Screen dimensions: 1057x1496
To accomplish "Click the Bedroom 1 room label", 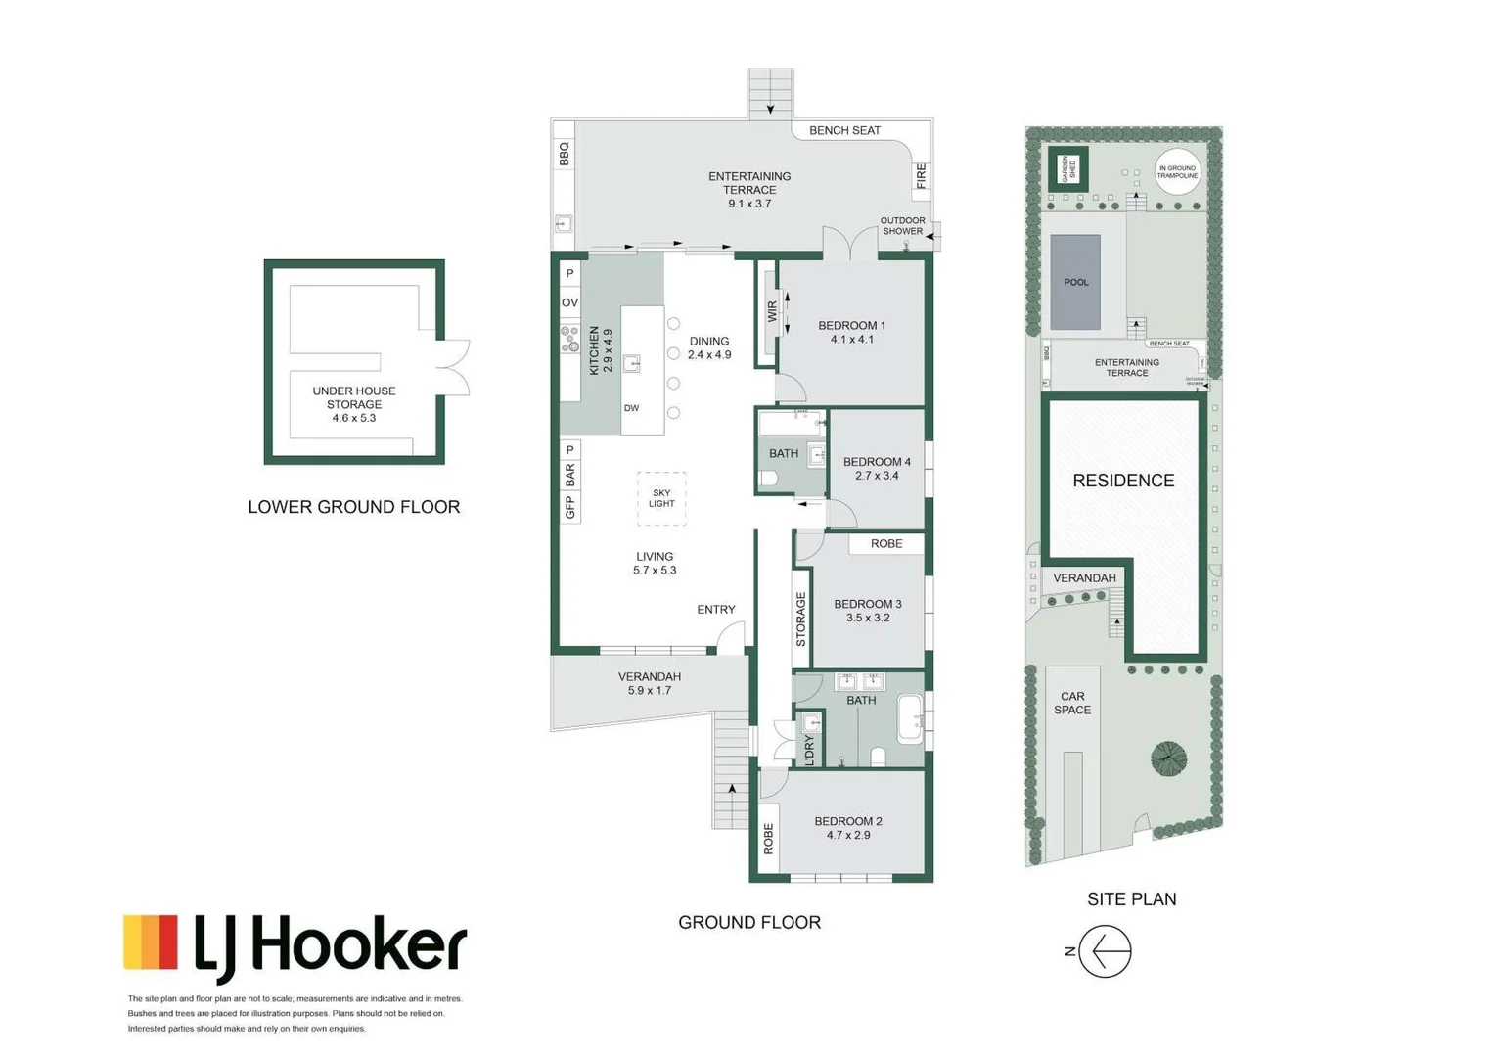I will coord(851,332).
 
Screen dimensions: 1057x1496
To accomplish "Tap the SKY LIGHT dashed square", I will coord(661,498).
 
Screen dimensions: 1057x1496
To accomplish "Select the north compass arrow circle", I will coord(1106,950).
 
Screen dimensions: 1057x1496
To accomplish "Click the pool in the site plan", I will coord(1075,282).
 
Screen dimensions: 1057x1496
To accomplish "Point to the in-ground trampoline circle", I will coord(1177,172).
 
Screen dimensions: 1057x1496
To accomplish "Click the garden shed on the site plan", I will coord(1067,169).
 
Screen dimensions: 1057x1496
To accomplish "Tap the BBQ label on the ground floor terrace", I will coord(564,155).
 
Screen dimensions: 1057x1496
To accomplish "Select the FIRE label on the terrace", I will coord(921,176).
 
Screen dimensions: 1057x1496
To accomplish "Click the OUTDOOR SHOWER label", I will coord(902,226).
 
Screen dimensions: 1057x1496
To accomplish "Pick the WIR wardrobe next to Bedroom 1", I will coord(771,312).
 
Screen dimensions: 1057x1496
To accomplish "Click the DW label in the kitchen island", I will coord(632,408).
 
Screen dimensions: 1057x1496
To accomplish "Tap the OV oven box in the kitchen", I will coord(569,302).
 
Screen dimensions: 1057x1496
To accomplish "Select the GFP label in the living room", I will coord(569,507).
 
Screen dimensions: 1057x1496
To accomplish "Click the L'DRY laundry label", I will coord(809,751).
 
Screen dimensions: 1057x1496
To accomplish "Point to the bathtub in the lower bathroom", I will coord(910,719).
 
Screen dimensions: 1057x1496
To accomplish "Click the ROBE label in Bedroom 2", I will coord(769,838).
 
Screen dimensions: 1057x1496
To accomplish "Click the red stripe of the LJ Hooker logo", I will coord(168,942).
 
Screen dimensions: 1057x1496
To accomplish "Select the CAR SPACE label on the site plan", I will coord(1072,704).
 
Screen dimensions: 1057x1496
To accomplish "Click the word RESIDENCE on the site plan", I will coord(1123,481).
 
